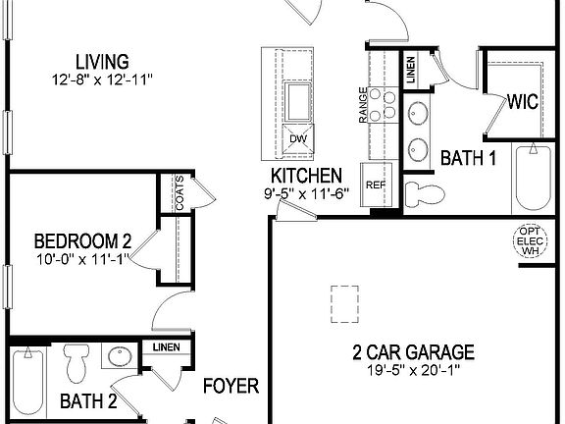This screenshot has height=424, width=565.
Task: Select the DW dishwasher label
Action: [297, 138]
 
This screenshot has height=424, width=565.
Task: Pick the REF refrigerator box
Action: [375, 185]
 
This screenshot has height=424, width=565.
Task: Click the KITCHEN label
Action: [307, 176]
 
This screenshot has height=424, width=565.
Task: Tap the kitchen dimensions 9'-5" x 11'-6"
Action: [307, 193]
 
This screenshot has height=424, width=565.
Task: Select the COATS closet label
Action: [180, 191]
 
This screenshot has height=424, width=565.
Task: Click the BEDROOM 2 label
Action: [82, 240]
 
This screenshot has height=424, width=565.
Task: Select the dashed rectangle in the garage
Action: [344, 301]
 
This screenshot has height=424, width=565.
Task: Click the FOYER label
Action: [231, 386]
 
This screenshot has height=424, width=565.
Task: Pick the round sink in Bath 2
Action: [120, 359]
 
